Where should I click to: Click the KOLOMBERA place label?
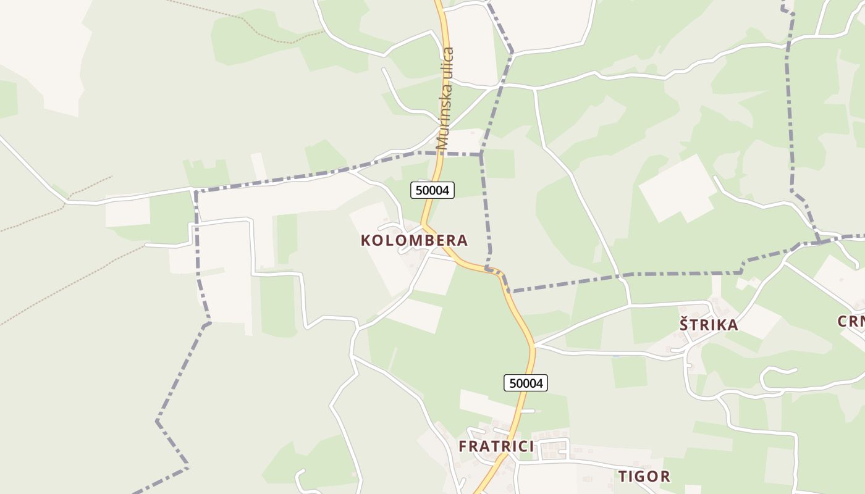[414, 240]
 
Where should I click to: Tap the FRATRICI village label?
[496, 446]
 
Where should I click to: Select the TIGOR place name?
[644, 476]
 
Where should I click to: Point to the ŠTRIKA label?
[709, 325]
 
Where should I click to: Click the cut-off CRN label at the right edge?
[851, 321]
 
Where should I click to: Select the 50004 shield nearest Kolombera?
[432, 190]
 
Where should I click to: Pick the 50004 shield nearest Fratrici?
[526, 383]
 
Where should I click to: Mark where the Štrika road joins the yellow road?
[534, 344]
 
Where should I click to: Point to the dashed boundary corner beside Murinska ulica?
[481, 154]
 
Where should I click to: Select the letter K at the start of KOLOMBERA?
[366, 240]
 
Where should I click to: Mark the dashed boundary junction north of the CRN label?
[819, 240]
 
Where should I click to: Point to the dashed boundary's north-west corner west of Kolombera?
[196, 191]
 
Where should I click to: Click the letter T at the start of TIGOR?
[623, 476]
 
